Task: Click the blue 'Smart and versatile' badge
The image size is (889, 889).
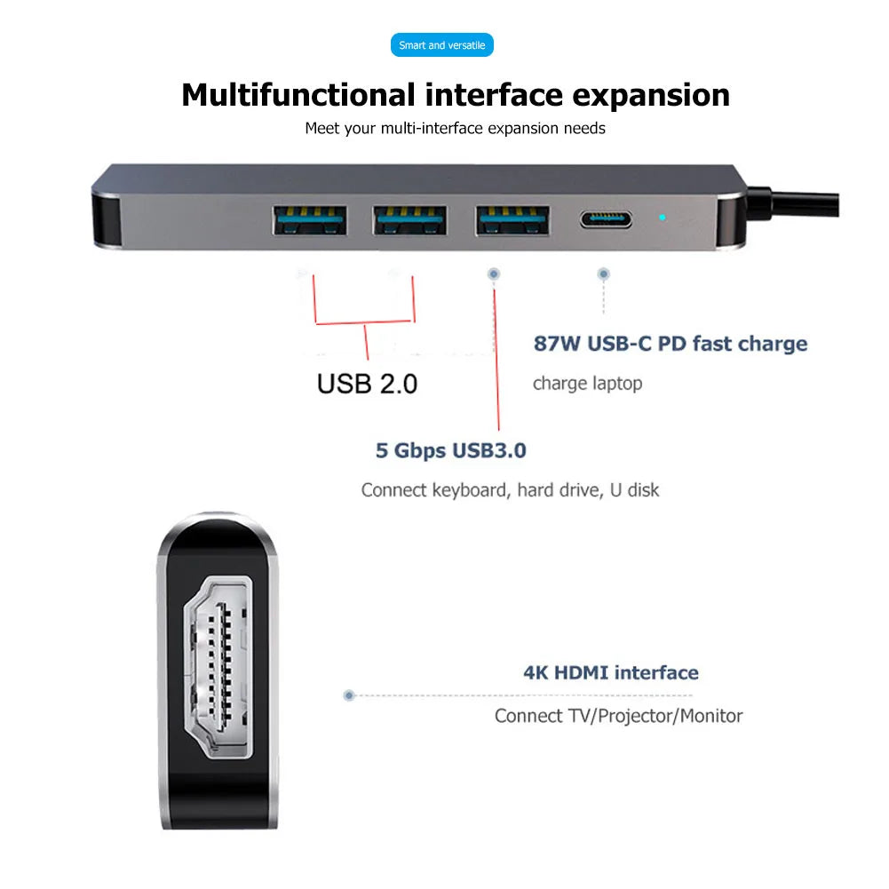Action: (441, 45)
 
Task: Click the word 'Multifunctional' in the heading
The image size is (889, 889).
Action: (298, 94)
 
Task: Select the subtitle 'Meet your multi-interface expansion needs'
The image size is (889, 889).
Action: (455, 128)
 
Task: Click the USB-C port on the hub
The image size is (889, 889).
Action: (606, 218)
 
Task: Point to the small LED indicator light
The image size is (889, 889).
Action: (662, 217)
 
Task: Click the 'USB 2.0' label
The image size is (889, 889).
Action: (367, 384)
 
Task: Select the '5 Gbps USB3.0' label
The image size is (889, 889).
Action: (450, 450)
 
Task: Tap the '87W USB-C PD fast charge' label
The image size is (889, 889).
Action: (671, 344)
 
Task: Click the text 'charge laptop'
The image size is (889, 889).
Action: (587, 384)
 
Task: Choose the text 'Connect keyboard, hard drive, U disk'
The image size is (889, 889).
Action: (510, 490)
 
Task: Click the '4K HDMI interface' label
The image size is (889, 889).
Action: (610, 672)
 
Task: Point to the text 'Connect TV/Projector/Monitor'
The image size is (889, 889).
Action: (618, 716)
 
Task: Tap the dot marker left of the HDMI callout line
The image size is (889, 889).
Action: (349, 695)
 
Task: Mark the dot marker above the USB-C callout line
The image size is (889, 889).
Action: (603, 274)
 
